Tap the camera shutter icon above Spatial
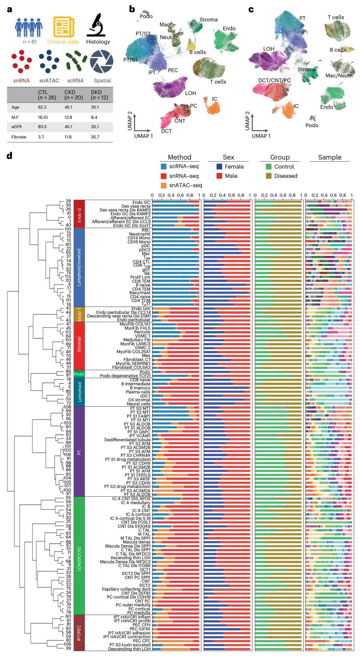click(102, 62)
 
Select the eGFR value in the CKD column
click(68, 127)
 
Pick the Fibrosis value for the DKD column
click(95, 137)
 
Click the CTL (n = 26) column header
click(47, 95)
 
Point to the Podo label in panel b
click(146, 16)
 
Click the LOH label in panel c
click(269, 49)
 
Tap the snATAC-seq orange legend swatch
click(163, 185)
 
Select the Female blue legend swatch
click(219, 167)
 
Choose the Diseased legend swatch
click(269, 176)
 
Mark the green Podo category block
click(79, 374)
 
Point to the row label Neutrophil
click(139, 234)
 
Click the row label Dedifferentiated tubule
click(127, 440)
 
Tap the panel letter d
click(9, 156)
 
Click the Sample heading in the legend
click(330, 157)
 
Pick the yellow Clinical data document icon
click(64, 27)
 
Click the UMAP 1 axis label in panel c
click(261, 136)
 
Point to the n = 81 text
click(30, 42)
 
